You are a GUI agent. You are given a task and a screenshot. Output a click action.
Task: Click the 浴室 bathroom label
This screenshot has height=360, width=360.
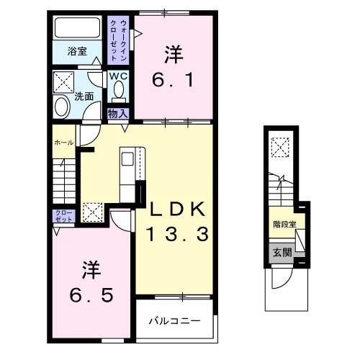(77, 51)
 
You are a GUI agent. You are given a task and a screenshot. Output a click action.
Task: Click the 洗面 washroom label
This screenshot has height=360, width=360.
(84, 96)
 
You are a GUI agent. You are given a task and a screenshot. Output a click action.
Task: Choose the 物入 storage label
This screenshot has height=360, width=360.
(117, 113)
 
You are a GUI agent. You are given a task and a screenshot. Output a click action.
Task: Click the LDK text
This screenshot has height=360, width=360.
(178, 210)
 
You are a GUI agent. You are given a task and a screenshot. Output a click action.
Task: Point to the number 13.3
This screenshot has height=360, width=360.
(178, 233)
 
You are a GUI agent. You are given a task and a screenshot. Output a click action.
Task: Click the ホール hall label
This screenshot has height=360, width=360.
(63, 143)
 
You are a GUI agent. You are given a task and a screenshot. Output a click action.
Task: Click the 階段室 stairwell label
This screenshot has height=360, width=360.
(284, 224)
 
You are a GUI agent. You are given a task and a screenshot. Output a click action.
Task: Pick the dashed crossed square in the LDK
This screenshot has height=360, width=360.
(92, 212)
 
